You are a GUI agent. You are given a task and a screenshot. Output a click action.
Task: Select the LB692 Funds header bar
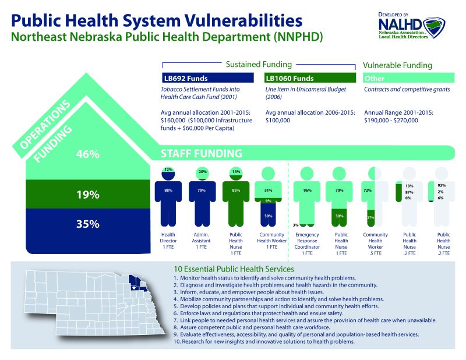[x=207, y=78]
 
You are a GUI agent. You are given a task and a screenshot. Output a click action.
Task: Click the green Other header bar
[x=408, y=78]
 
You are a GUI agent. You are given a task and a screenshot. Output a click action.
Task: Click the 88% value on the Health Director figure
[x=168, y=190]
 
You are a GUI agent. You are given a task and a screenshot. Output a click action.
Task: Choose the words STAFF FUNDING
[x=202, y=154]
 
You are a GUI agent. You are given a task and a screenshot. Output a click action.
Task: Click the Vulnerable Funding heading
[x=397, y=65]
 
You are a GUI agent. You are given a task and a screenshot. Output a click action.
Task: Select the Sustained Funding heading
[x=259, y=64]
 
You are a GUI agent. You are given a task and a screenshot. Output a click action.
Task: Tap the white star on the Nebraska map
[x=134, y=288]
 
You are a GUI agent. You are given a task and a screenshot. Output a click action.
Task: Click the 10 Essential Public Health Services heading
[x=234, y=270]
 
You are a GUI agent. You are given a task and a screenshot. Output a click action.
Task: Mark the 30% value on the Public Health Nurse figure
[x=338, y=215]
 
